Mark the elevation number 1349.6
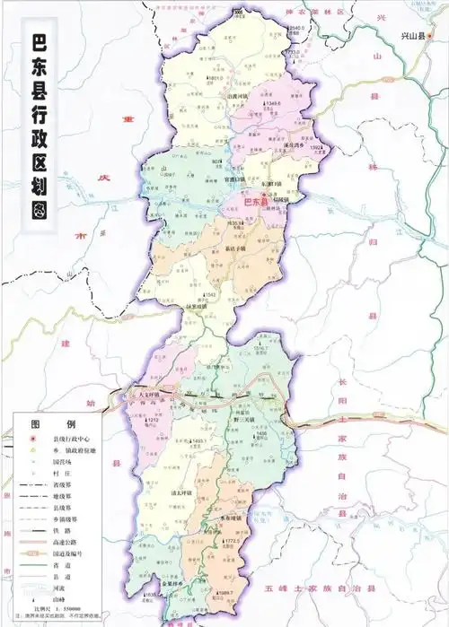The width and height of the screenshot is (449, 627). coord(250,103)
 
